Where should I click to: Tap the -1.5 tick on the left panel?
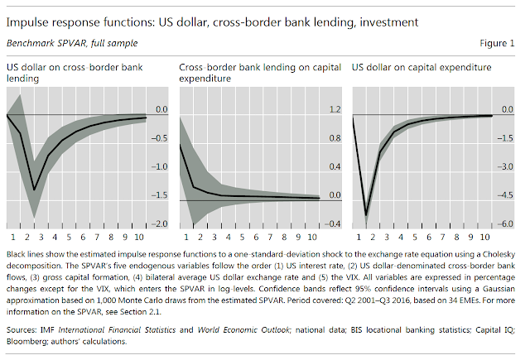coord(161,195)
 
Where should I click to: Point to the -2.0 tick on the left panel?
coord(161,224)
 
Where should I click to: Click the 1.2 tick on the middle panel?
coord(335,109)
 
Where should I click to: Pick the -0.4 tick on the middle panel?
coord(335,224)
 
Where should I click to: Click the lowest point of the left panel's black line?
coord(34,190)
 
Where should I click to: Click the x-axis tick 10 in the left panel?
coord(138,237)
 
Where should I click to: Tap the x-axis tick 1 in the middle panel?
coord(183,237)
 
